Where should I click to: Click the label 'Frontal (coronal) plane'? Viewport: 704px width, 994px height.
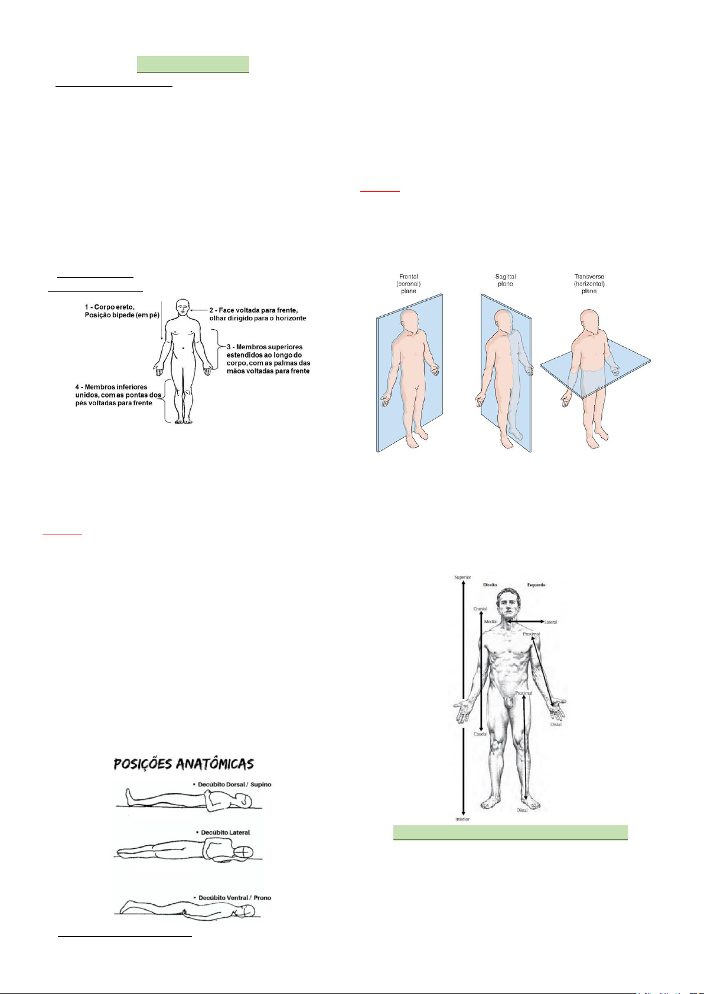pos(408,284)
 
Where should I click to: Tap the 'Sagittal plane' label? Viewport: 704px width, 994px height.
pos(505,280)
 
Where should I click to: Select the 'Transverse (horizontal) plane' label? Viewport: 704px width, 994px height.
pos(589,284)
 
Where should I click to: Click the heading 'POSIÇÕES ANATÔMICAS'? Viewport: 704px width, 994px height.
pos(184,765)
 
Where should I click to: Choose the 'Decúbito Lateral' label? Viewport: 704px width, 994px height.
pos(225,832)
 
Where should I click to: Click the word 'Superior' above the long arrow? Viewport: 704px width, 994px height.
pos(462,577)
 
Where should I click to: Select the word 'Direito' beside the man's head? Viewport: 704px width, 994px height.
pos(490,585)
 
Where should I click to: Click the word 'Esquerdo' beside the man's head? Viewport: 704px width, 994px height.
pos(536,585)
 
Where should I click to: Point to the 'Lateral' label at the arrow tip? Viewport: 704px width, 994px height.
pos(550,622)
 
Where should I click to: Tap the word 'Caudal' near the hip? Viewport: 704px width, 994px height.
pos(480,734)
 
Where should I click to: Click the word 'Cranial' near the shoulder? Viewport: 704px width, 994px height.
pos(480,608)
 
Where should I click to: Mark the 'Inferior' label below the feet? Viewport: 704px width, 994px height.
pos(462,819)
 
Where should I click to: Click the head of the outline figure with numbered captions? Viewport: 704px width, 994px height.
pos(183,307)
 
